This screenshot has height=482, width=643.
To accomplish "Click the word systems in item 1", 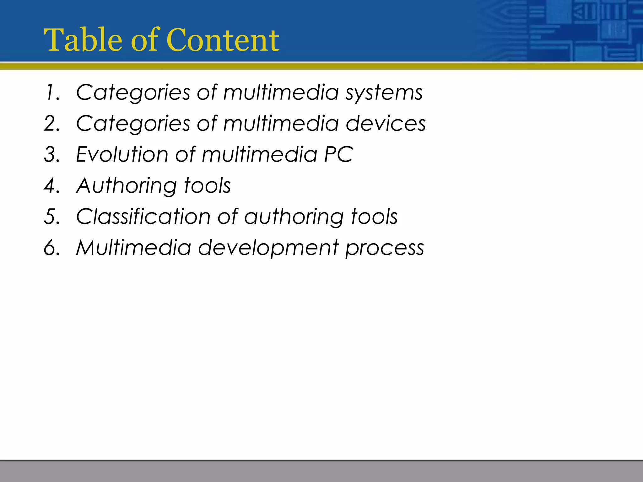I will pos(384,93).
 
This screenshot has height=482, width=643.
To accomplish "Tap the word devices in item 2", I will pos(386,124).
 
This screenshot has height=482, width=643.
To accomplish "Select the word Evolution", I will pos(122,155).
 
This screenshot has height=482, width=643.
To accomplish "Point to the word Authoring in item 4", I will pos(126,186).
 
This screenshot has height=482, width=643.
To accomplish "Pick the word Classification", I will pos(143,217).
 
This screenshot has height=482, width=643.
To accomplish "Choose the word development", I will pos(268,248).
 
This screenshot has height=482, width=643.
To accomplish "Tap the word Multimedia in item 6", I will pos(133,248).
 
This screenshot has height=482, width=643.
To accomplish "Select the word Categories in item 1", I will pos(133,93).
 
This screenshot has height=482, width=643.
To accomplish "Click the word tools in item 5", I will pos(374,217).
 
